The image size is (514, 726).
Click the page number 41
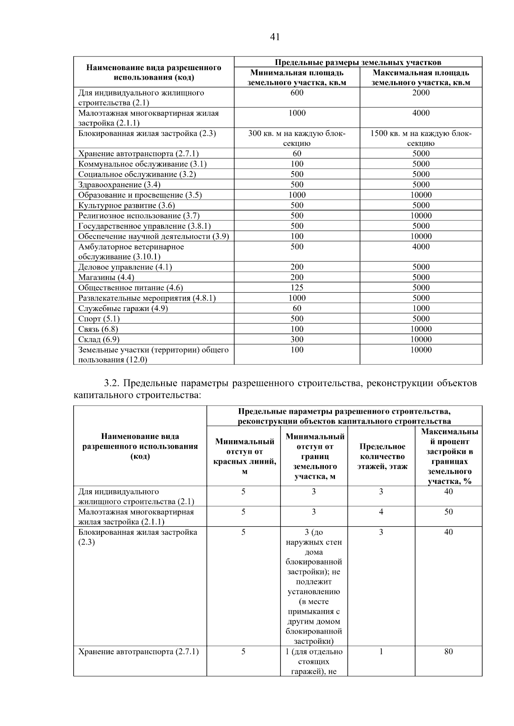tap(275, 37)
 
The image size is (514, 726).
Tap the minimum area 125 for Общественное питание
tap(297, 287)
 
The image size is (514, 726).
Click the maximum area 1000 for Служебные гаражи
tap(421, 308)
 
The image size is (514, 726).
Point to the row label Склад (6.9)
tap(99, 339)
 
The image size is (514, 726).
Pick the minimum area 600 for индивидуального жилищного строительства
tap(297, 93)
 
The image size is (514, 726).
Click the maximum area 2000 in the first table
tap(421, 93)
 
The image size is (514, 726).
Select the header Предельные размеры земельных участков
tap(358, 62)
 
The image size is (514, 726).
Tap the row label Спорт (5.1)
tap(99, 319)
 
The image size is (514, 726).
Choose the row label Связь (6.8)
tap(98, 329)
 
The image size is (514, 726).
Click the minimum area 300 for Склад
tap(297, 339)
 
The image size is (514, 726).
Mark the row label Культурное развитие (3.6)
tap(126, 205)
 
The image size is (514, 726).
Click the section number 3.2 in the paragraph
tap(113, 383)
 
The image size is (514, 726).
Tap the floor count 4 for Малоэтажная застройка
tap(381, 512)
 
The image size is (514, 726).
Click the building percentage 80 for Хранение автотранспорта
tap(448, 652)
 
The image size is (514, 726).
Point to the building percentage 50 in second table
tap(448, 512)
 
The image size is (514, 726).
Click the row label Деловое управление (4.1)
tap(125, 267)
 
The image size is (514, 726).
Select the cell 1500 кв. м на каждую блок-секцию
tap(421, 138)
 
